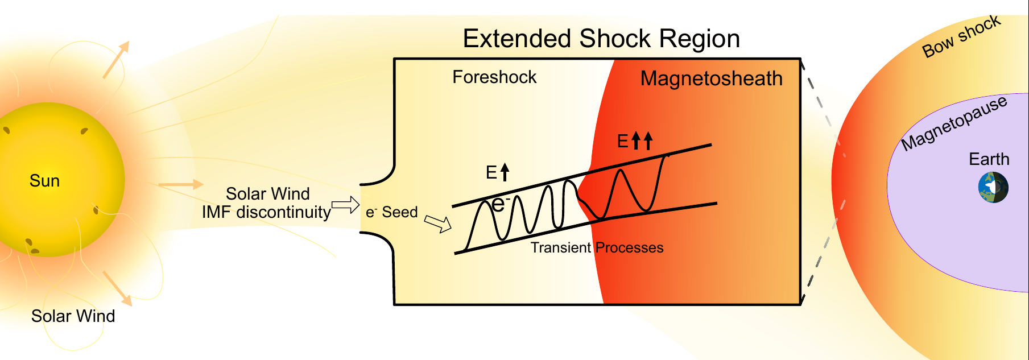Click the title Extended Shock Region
click(601, 39)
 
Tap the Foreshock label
click(494, 77)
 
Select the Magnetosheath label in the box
click(711, 78)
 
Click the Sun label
click(44, 181)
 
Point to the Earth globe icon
click(993, 188)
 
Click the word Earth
click(989, 159)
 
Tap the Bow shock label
click(961, 37)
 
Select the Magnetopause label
click(954, 123)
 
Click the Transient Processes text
click(597, 247)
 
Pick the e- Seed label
click(391, 212)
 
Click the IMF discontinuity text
click(266, 212)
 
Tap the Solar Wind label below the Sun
click(73, 316)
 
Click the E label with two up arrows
click(635, 141)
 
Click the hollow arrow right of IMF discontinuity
click(345, 205)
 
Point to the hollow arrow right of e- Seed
click(438, 224)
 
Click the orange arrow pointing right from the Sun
click(180, 184)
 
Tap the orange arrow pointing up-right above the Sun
click(116, 59)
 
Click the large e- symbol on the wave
click(499, 204)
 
